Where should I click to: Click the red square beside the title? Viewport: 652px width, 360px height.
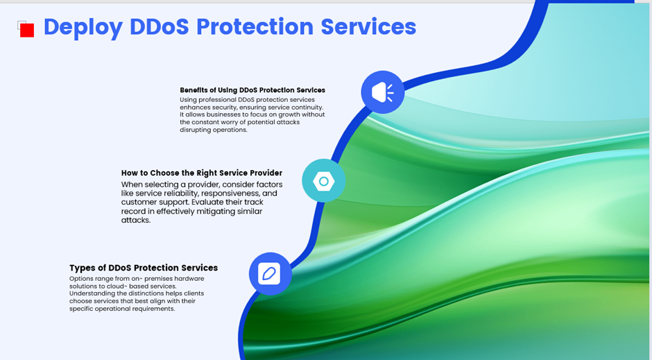click(27, 31)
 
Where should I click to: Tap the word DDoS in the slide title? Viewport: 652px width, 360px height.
click(160, 26)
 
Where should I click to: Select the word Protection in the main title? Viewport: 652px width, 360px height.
click(255, 26)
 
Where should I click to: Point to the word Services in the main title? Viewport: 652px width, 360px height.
click(368, 26)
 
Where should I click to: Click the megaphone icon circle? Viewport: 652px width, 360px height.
click(383, 92)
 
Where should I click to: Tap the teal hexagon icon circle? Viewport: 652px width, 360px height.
click(323, 181)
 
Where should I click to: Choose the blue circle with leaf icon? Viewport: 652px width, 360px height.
click(271, 273)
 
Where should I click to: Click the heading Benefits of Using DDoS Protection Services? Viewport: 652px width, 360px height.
click(252, 90)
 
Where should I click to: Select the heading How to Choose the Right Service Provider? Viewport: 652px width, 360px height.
click(202, 173)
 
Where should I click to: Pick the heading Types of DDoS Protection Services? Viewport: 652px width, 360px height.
click(144, 268)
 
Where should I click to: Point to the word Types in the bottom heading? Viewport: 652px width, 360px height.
click(80, 268)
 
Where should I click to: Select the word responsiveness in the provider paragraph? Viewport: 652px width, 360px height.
click(231, 194)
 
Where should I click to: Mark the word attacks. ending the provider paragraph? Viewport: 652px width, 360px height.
click(136, 220)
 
